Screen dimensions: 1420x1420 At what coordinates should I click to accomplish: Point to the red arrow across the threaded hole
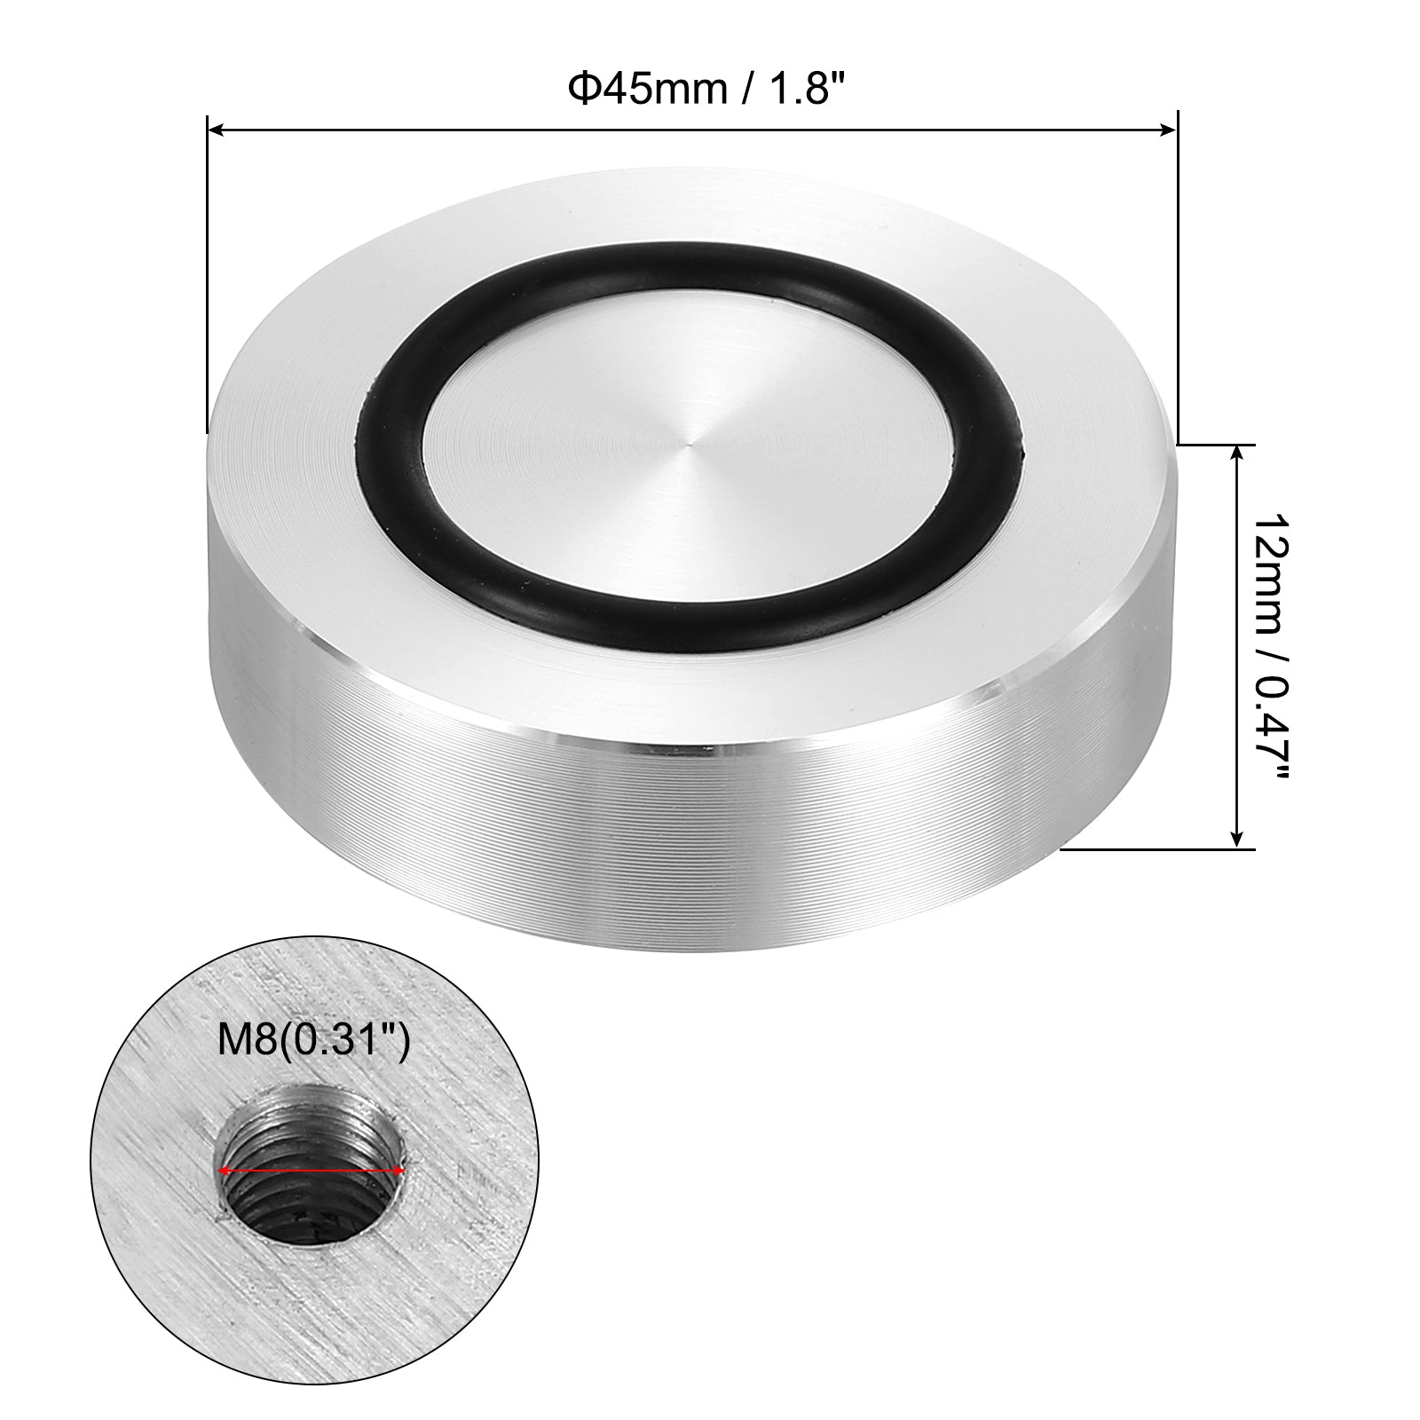312,1171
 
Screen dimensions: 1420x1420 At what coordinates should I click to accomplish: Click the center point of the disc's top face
690,438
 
